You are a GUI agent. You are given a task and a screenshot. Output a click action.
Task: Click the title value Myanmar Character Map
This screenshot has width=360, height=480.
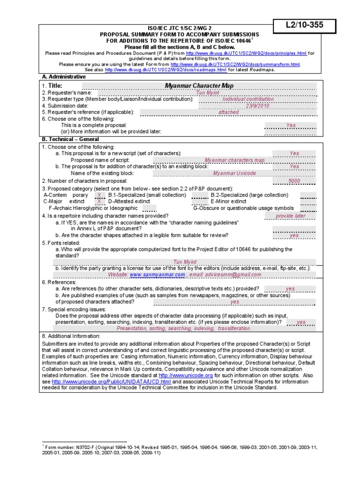tap(199, 86)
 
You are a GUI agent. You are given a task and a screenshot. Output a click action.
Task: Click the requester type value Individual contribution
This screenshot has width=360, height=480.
tap(248, 99)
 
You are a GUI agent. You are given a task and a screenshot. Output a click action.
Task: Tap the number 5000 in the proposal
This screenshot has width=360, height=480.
tap(294, 180)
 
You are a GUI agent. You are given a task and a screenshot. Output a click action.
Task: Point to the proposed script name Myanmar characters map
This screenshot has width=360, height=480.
tap(234, 160)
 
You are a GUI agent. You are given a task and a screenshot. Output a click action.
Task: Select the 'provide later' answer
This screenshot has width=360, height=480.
tap(290, 216)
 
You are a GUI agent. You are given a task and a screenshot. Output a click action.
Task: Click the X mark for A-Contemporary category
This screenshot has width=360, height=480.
tap(99, 195)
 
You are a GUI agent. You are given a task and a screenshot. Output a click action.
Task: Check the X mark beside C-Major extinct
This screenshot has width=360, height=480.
tap(99, 201)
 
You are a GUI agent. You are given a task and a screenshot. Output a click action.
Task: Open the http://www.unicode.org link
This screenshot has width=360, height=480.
tap(186, 375)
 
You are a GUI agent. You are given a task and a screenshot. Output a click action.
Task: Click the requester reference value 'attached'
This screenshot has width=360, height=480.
tap(228, 112)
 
